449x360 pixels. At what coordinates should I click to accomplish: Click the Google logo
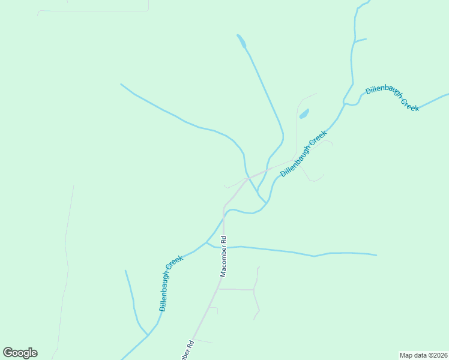point(20,353)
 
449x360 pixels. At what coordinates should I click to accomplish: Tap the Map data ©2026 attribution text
point(423,355)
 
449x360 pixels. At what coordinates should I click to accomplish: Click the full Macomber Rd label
point(223,256)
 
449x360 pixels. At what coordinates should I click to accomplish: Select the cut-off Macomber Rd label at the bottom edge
point(186,351)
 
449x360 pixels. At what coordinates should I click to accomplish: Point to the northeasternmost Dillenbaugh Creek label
point(393,98)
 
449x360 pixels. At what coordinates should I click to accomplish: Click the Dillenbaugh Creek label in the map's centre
point(303,152)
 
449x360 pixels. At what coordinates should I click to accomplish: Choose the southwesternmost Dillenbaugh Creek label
point(171,283)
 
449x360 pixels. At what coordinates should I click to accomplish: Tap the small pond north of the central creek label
point(304,113)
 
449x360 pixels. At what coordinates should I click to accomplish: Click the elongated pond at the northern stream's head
point(241,41)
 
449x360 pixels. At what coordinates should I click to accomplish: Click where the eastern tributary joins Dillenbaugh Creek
point(206,243)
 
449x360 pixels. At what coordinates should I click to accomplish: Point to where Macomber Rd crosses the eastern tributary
point(223,247)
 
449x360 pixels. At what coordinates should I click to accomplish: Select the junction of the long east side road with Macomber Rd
point(218,289)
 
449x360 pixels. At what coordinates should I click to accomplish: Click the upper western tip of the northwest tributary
point(121,84)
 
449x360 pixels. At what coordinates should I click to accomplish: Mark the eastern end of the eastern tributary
point(376,255)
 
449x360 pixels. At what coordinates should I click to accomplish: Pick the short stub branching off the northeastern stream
point(360,40)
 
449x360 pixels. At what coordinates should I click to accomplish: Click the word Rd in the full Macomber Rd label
point(223,239)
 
